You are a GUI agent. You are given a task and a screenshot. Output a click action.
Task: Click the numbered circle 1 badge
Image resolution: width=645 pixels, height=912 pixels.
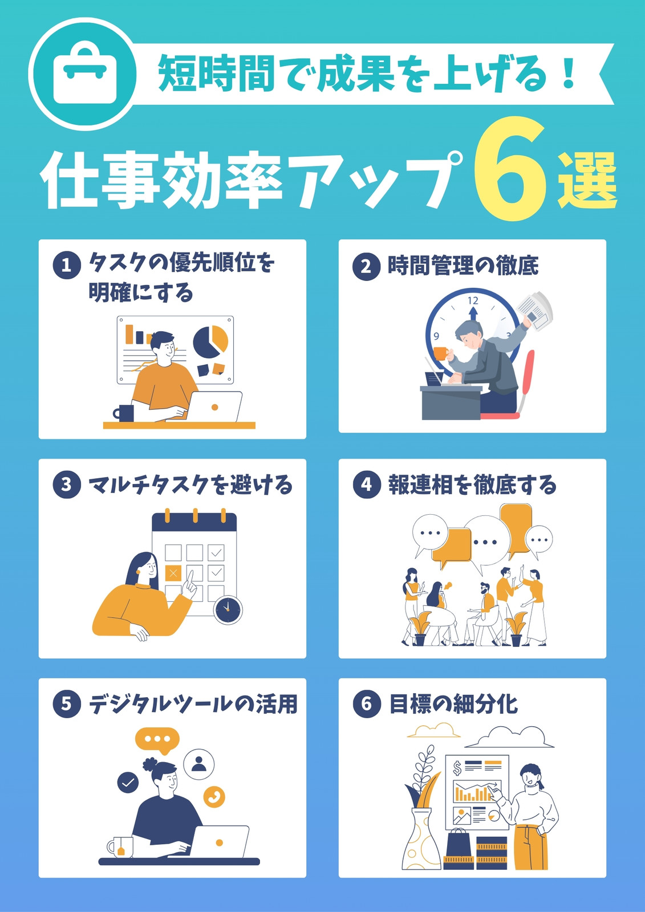pyautogui.click(x=66, y=266)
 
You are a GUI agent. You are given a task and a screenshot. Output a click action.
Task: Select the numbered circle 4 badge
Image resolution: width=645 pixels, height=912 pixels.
pyautogui.click(x=366, y=485)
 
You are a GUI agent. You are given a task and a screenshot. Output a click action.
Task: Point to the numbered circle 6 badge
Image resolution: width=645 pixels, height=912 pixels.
pyautogui.click(x=366, y=705)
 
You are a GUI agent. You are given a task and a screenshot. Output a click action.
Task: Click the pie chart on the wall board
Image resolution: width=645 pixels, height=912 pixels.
pyautogui.click(x=210, y=341)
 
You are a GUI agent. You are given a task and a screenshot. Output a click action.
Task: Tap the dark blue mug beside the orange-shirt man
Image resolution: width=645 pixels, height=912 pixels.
pyautogui.click(x=124, y=413)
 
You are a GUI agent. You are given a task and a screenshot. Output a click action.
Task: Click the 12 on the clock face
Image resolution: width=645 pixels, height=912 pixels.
pyautogui.click(x=473, y=301)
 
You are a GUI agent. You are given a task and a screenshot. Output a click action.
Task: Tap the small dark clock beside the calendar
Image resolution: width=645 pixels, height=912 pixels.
pyautogui.click(x=228, y=610)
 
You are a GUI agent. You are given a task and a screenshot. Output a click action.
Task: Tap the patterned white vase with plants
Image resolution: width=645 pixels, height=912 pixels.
pyautogui.click(x=421, y=843)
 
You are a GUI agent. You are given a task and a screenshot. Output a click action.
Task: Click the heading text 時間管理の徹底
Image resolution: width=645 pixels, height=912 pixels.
pyautogui.click(x=463, y=266)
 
